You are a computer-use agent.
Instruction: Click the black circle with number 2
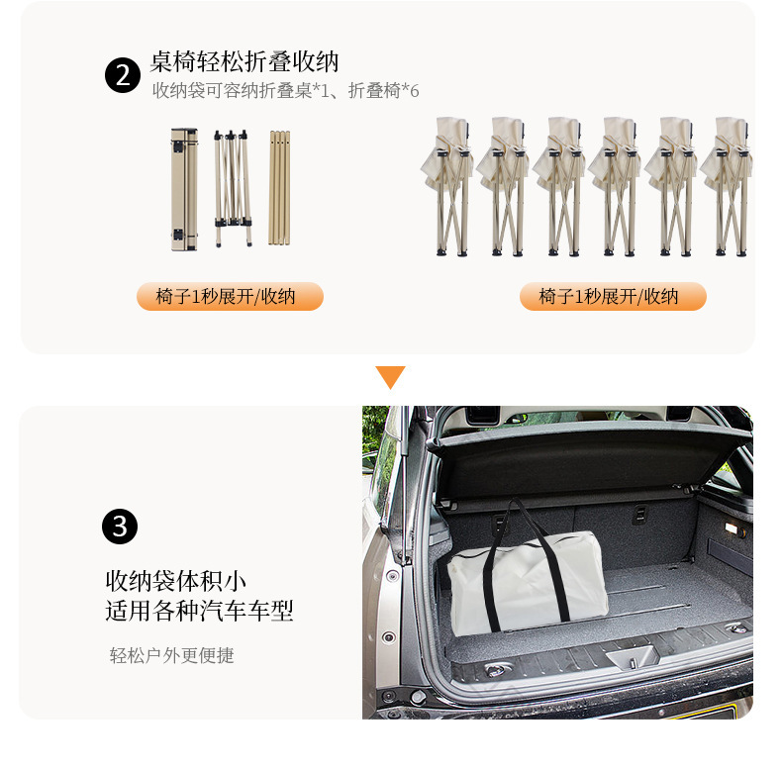pos(123,76)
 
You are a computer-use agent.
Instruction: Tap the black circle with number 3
pos(120,527)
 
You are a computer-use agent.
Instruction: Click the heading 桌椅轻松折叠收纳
pos(244,62)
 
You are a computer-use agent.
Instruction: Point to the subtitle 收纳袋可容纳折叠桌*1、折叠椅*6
pos(286,91)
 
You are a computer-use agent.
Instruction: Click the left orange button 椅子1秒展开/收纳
pos(230,296)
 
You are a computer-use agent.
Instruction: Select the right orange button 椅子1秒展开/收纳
pos(613,296)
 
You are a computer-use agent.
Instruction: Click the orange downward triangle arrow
pos(390,377)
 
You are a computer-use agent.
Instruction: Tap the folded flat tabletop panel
pos(184,189)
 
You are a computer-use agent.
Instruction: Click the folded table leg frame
pos(233,188)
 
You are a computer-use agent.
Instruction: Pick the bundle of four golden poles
pos(279,187)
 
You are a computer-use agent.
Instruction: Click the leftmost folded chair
pos(448,186)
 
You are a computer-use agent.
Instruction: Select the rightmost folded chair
pos(728,186)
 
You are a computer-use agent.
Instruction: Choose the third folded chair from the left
pos(559,186)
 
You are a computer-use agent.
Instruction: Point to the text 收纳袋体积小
pos(175,581)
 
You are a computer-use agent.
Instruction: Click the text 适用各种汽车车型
pos(200,611)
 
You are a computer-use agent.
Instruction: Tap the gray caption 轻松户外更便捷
pos(172,655)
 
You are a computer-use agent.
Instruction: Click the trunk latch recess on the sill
pos(632,656)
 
